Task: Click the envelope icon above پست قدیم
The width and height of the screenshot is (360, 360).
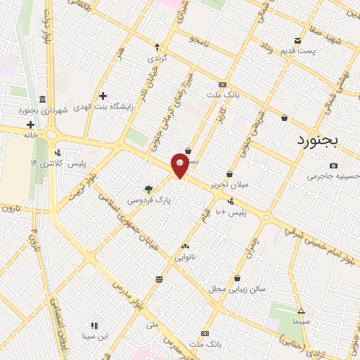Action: (298, 40)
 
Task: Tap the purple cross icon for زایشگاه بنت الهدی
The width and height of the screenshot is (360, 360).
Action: (103, 95)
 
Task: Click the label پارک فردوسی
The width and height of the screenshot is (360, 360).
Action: (149, 200)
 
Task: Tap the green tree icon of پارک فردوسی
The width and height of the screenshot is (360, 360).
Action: (148, 188)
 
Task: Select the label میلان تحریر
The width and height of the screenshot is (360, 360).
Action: (229, 185)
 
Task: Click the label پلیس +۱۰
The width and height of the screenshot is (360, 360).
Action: (231, 212)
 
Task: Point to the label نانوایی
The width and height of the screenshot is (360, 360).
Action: (186, 257)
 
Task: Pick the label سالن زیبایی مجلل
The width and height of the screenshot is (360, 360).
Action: (236, 289)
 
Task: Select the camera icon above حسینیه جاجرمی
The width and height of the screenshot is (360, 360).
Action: (333, 165)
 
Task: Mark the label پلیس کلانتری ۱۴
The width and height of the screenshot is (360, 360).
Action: (57, 163)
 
